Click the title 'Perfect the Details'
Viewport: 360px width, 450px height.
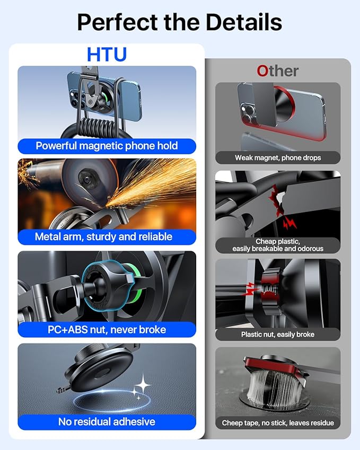tap(179, 22)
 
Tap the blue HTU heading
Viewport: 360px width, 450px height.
tap(107, 55)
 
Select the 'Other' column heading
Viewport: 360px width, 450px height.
tap(277, 70)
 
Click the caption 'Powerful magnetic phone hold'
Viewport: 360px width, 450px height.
tap(107, 146)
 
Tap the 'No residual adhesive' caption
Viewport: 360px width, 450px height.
tap(107, 422)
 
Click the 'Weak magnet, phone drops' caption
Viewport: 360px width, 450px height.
tap(278, 157)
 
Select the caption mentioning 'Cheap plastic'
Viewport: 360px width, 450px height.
tap(278, 245)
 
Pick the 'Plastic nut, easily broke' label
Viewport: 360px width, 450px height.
tap(278, 334)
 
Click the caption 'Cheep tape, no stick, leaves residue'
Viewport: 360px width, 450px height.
tap(278, 422)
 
